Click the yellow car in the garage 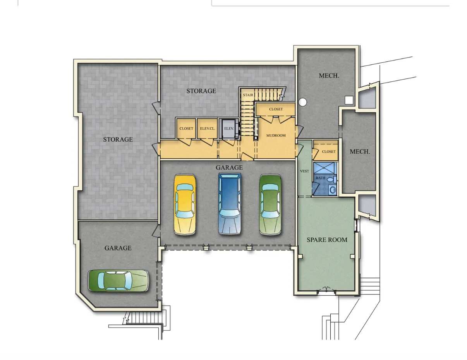tap(185, 204)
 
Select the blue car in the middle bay tap(230, 204)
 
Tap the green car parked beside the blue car tap(270, 204)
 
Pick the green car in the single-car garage tap(118, 280)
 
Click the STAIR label tap(248, 95)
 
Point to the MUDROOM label tap(276, 135)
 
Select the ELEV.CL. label tap(207, 129)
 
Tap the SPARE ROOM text tap(327, 240)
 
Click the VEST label tap(304, 171)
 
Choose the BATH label tap(320, 178)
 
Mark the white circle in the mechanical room tap(303, 102)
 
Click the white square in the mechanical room tap(349, 100)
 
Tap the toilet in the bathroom tap(330, 180)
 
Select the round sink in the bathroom tap(332, 190)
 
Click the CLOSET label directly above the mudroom tap(276, 109)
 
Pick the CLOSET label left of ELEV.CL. tap(186, 129)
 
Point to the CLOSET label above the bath tap(329, 151)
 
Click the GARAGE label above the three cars tap(229, 168)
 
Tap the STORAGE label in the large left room tap(118, 139)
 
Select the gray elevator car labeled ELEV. tap(228, 129)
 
